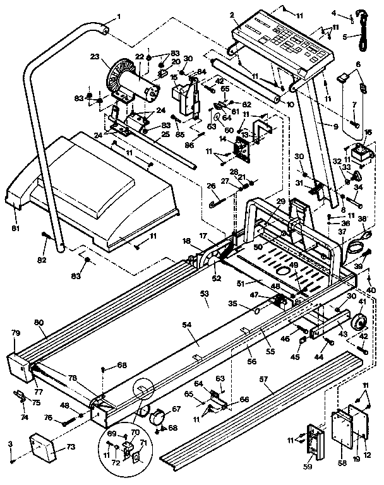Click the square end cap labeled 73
43,449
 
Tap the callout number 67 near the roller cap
176,409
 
